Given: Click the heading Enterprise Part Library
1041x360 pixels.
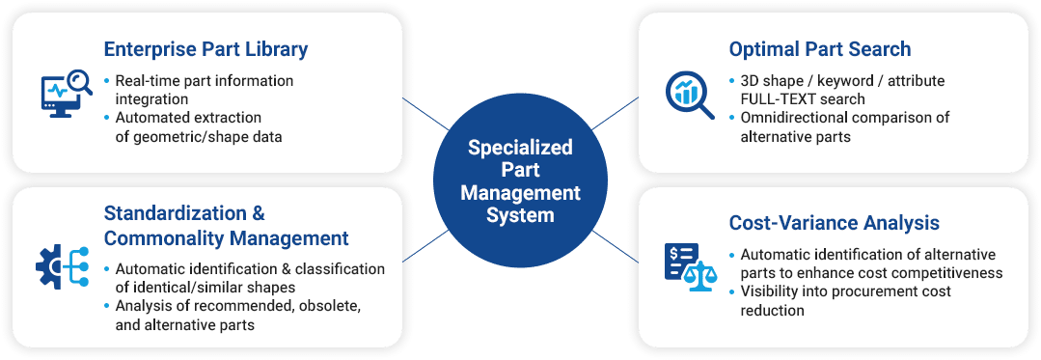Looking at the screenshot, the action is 205,49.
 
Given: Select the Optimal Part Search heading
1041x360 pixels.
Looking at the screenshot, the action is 819,49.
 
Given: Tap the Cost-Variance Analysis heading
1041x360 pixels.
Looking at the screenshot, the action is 834,223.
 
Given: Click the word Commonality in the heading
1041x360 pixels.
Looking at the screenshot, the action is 158,237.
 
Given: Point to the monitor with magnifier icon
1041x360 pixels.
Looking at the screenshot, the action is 65,94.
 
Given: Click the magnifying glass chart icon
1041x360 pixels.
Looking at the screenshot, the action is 690,95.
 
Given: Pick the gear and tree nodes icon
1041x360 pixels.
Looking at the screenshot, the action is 63,266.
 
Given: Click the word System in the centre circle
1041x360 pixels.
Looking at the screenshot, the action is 520,215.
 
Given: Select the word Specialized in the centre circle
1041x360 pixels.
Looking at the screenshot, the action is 520,147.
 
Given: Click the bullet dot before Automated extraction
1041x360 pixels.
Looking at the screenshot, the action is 107,118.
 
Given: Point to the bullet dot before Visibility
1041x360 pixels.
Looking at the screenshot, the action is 732,291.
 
